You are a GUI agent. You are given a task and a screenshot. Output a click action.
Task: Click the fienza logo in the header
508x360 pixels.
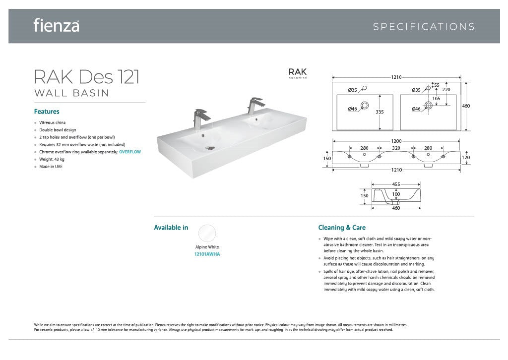coord(57,25)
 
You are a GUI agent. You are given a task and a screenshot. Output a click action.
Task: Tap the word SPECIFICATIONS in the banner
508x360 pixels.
coord(424,27)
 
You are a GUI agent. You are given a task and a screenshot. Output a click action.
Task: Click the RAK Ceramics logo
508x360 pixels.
coord(298,73)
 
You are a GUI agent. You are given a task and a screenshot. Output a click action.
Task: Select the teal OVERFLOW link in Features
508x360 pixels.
coord(130,152)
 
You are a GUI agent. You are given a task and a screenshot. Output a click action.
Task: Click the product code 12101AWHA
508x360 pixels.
coord(207,254)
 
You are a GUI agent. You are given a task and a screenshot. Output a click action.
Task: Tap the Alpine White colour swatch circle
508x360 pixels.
coord(207,233)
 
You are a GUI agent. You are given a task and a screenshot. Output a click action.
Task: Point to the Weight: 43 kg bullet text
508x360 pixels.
coord(52,159)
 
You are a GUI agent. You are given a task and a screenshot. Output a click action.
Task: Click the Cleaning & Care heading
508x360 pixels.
coord(342,228)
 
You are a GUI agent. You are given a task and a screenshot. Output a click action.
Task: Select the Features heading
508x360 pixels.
coord(47,112)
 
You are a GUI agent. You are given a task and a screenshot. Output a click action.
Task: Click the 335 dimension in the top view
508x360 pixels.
coord(380,112)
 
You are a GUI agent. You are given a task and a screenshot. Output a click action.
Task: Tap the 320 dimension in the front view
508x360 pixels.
coord(396,148)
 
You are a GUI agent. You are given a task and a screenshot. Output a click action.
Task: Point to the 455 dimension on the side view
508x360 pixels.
coord(396,184)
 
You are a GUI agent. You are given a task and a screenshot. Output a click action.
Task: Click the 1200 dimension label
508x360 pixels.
coord(396,141)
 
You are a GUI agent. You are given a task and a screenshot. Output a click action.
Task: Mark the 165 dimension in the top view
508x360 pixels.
coord(437,98)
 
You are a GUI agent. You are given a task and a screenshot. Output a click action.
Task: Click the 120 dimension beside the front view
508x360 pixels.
coord(465,158)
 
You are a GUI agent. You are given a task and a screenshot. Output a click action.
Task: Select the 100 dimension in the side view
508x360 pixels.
coord(396,194)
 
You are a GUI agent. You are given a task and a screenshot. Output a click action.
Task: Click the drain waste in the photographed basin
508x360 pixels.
coord(210,148)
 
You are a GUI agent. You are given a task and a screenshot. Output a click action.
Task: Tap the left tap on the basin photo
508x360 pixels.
coord(200,119)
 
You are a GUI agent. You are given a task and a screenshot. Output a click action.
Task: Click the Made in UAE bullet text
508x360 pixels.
coord(51,167)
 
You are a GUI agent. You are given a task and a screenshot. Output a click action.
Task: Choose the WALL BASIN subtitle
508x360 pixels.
coord(71,93)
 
